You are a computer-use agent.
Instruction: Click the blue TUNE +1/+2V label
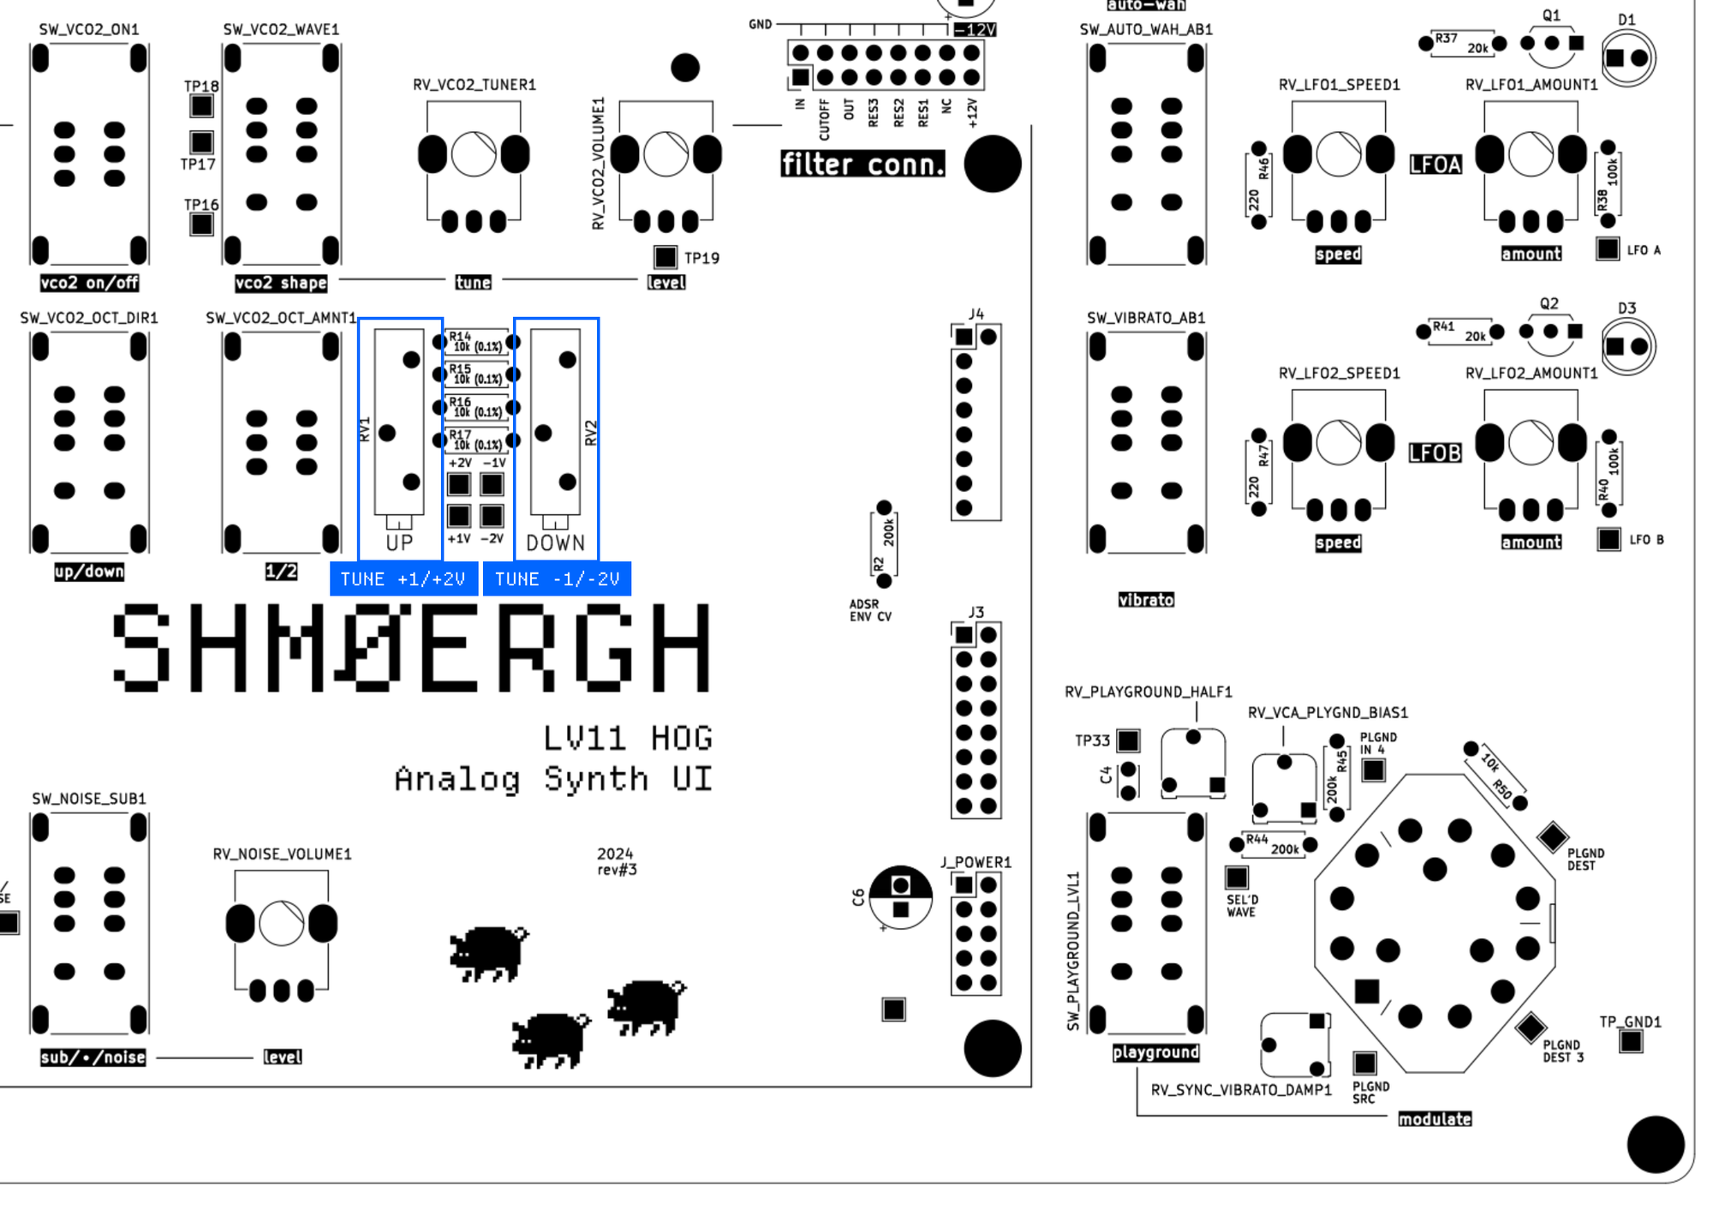tap(403, 579)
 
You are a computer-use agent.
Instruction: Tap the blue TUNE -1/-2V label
tap(557, 579)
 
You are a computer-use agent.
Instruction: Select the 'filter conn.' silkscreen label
tap(862, 164)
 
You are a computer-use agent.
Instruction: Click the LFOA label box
tap(1435, 164)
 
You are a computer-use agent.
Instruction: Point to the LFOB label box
tap(1435, 452)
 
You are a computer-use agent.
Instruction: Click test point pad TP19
tap(666, 256)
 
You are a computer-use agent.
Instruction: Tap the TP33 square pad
tap(1129, 740)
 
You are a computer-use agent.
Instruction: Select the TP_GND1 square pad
tap(1631, 1041)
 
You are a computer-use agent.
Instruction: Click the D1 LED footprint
tap(1627, 58)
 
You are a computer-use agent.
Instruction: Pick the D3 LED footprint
tap(1627, 346)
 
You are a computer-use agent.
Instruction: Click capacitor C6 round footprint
tap(900, 897)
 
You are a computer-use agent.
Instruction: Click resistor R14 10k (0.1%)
tap(476, 342)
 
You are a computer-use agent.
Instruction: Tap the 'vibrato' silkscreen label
tap(1146, 600)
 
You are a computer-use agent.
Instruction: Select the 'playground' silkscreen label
tap(1155, 1052)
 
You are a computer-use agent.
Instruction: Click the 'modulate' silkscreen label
tap(1435, 1119)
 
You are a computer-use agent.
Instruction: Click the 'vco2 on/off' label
tap(89, 283)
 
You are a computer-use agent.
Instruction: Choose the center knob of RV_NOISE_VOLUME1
tap(281, 924)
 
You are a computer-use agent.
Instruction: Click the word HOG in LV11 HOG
tap(681, 739)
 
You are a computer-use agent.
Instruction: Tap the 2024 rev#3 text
tap(617, 861)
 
